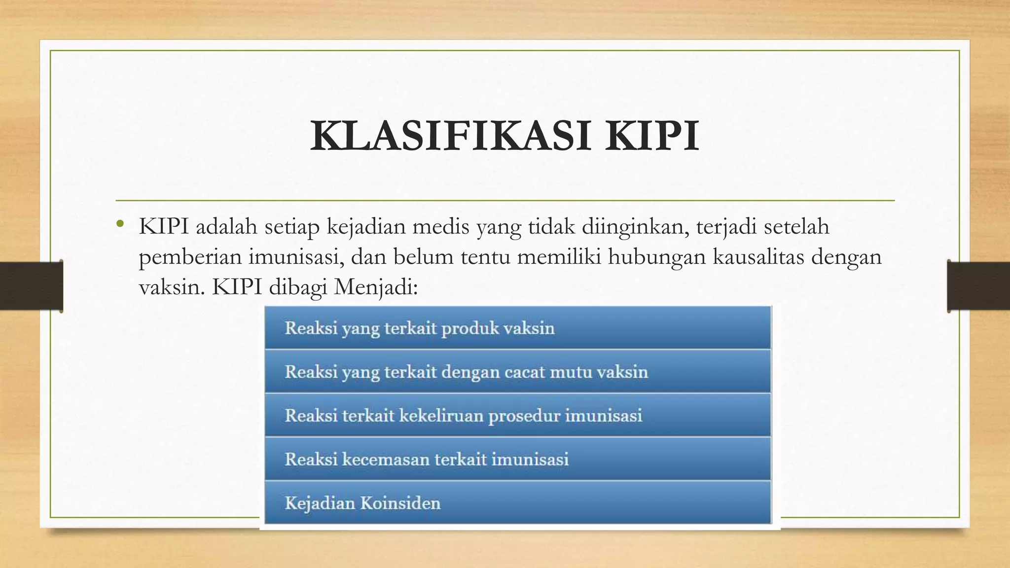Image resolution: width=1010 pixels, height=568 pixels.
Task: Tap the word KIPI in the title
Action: click(652, 136)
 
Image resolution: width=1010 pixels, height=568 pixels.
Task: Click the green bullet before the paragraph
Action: click(119, 225)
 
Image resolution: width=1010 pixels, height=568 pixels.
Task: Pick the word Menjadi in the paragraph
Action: click(376, 287)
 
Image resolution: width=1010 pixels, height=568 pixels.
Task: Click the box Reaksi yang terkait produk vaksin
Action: click(518, 328)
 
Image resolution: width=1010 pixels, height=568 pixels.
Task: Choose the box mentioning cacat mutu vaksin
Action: click(518, 371)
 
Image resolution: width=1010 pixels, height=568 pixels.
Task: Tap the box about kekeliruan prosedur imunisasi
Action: click(518, 415)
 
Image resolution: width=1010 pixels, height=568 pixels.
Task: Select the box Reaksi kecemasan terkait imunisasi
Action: click(518, 459)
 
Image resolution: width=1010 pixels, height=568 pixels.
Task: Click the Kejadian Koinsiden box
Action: click(518, 503)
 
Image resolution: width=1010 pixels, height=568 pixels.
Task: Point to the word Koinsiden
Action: click(400, 503)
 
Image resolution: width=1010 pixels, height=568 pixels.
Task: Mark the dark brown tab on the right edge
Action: click(978, 286)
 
